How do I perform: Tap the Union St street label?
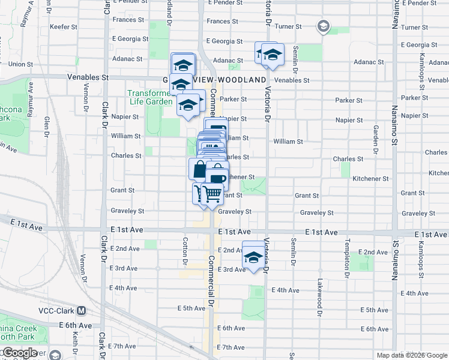click(x=20, y=64)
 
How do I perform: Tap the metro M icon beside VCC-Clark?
click(x=82, y=311)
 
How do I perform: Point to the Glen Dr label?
click(x=46, y=126)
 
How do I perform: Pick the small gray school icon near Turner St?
click(x=323, y=26)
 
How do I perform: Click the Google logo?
click(x=20, y=353)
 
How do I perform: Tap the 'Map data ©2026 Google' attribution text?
click(x=412, y=355)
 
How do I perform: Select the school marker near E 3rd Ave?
click(x=253, y=258)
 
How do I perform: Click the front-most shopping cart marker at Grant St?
click(x=212, y=194)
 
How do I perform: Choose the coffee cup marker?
click(x=217, y=178)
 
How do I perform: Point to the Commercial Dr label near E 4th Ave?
click(x=211, y=282)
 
